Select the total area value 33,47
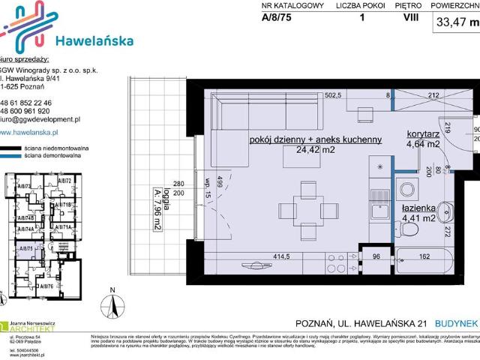coord(451,22)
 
